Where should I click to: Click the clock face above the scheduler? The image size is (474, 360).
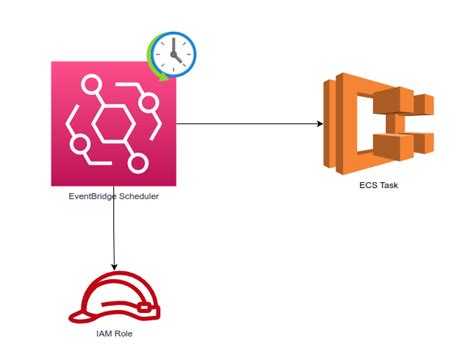(x=175, y=52)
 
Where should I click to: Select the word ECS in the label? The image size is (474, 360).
(x=368, y=185)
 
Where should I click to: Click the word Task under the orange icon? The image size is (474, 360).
(x=389, y=185)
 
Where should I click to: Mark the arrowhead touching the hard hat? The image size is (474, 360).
(x=113, y=267)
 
